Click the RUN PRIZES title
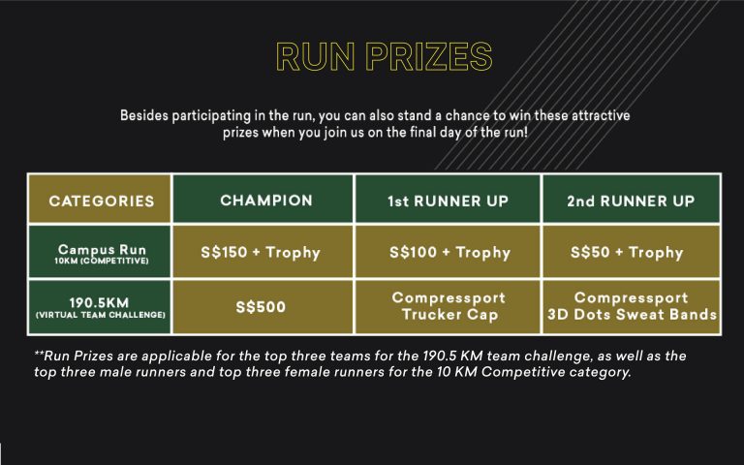click(x=385, y=57)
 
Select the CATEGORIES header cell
click(x=100, y=199)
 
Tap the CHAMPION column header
click(x=263, y=199)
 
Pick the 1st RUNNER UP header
click(x=448, y=199)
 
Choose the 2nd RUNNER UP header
click(x=632, y=199)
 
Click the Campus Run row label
click(x=100, y=252)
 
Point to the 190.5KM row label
click(x=100, y=307)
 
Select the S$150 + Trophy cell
click(x=263, y=252)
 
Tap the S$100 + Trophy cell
click(x=448, y=252)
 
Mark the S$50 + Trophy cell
click(x=632, y=252)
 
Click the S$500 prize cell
click(x=263, y=307)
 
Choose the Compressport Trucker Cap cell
click(x=448, y=307)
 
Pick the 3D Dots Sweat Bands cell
click(x=632, y=307)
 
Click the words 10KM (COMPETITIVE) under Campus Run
click(x=102, y=261)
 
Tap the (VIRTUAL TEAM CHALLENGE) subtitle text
click(x=101, y=315)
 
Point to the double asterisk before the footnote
click(x=39, y=354)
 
